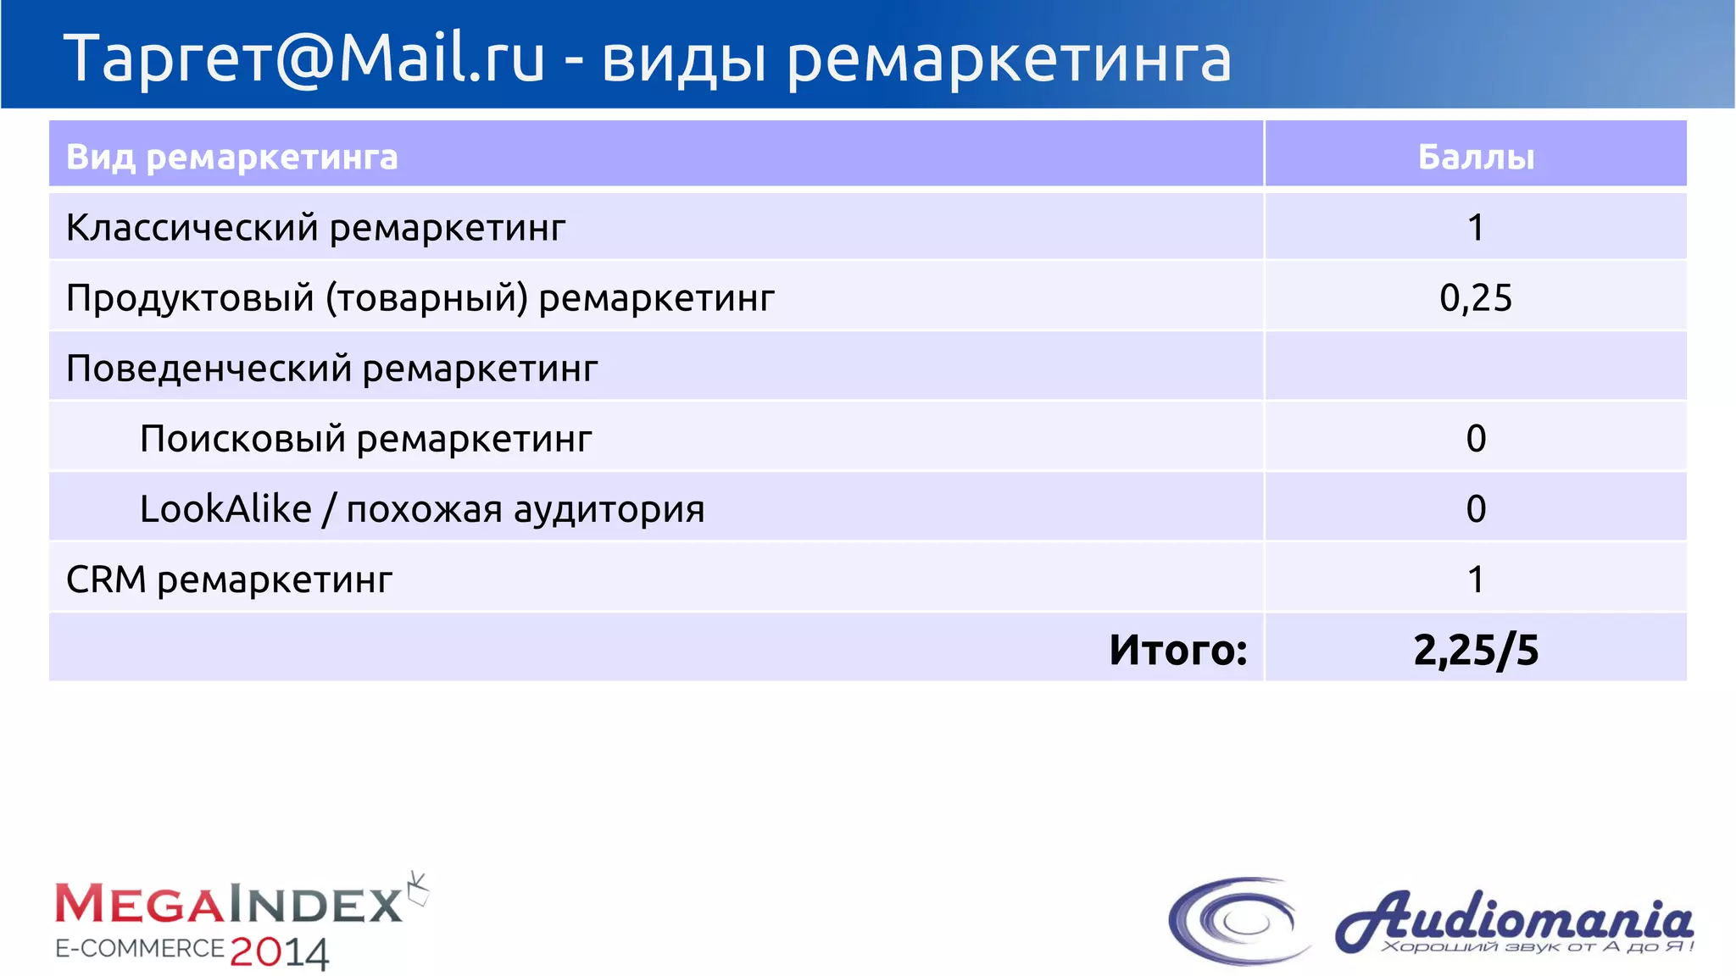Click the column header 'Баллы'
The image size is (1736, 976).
point(1476,157)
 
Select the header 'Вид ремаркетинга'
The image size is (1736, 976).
point(231,157)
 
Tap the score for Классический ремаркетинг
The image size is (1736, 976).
point(1476,227)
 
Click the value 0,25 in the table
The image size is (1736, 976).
point(1476,297)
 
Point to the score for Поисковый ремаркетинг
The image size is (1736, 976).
point(1476,438)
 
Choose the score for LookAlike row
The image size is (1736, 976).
point(1476,508)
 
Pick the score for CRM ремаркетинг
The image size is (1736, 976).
point(1476,579)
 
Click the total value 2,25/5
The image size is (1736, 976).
point(1476,650)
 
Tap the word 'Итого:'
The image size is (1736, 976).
point(1178,650)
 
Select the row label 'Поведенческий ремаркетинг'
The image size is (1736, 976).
point(331,369)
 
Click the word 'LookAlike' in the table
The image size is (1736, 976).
point(225,508)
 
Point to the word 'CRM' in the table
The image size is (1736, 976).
point(106,579)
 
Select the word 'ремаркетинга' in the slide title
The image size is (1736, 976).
point(1009,59)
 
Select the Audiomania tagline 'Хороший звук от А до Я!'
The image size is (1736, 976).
point(1536,946)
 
